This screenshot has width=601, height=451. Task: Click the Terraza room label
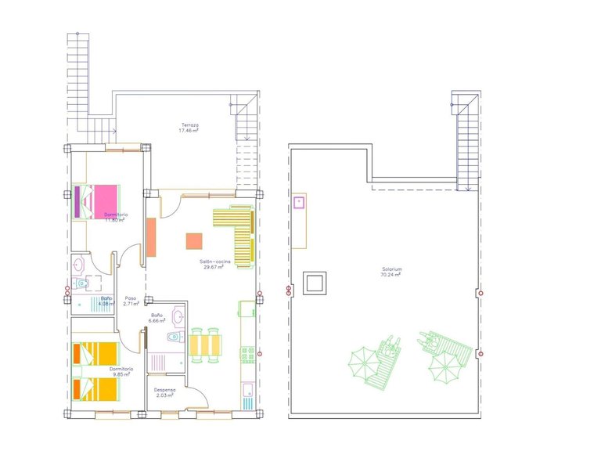point(190,125)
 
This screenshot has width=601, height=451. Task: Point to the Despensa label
point(164,390)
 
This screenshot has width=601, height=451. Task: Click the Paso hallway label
point(131,298)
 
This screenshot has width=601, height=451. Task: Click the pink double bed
point(97,200)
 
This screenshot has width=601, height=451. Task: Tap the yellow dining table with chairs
point(206,345)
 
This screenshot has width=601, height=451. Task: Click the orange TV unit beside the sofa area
point(150,238)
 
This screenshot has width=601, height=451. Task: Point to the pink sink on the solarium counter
point(299,203)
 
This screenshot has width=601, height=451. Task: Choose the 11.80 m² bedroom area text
point(116,220)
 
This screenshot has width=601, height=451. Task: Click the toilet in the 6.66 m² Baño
point(173,337)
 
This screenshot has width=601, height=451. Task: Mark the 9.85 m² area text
point(120,374)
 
